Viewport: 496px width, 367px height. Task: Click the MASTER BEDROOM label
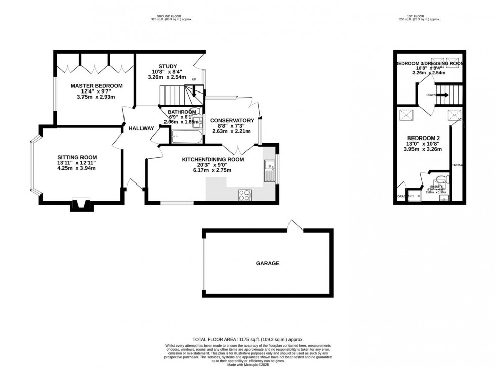(97, 86)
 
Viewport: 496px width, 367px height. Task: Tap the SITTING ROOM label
(77, 157)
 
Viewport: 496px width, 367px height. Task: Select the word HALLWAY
(141, 128)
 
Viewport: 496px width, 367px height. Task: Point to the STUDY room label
(167, 66)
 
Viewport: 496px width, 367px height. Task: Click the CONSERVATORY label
(231, 120)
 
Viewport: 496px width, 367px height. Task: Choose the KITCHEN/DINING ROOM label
(213, 159)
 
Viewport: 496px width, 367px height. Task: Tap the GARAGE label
(267, 263)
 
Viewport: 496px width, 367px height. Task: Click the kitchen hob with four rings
(244, 194)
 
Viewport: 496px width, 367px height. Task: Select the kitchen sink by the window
(269, 172)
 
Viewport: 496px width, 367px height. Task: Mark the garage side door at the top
(294, 225)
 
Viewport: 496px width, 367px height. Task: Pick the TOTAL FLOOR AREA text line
(248, 340)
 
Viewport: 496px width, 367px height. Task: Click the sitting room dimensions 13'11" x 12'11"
(77, 163)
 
